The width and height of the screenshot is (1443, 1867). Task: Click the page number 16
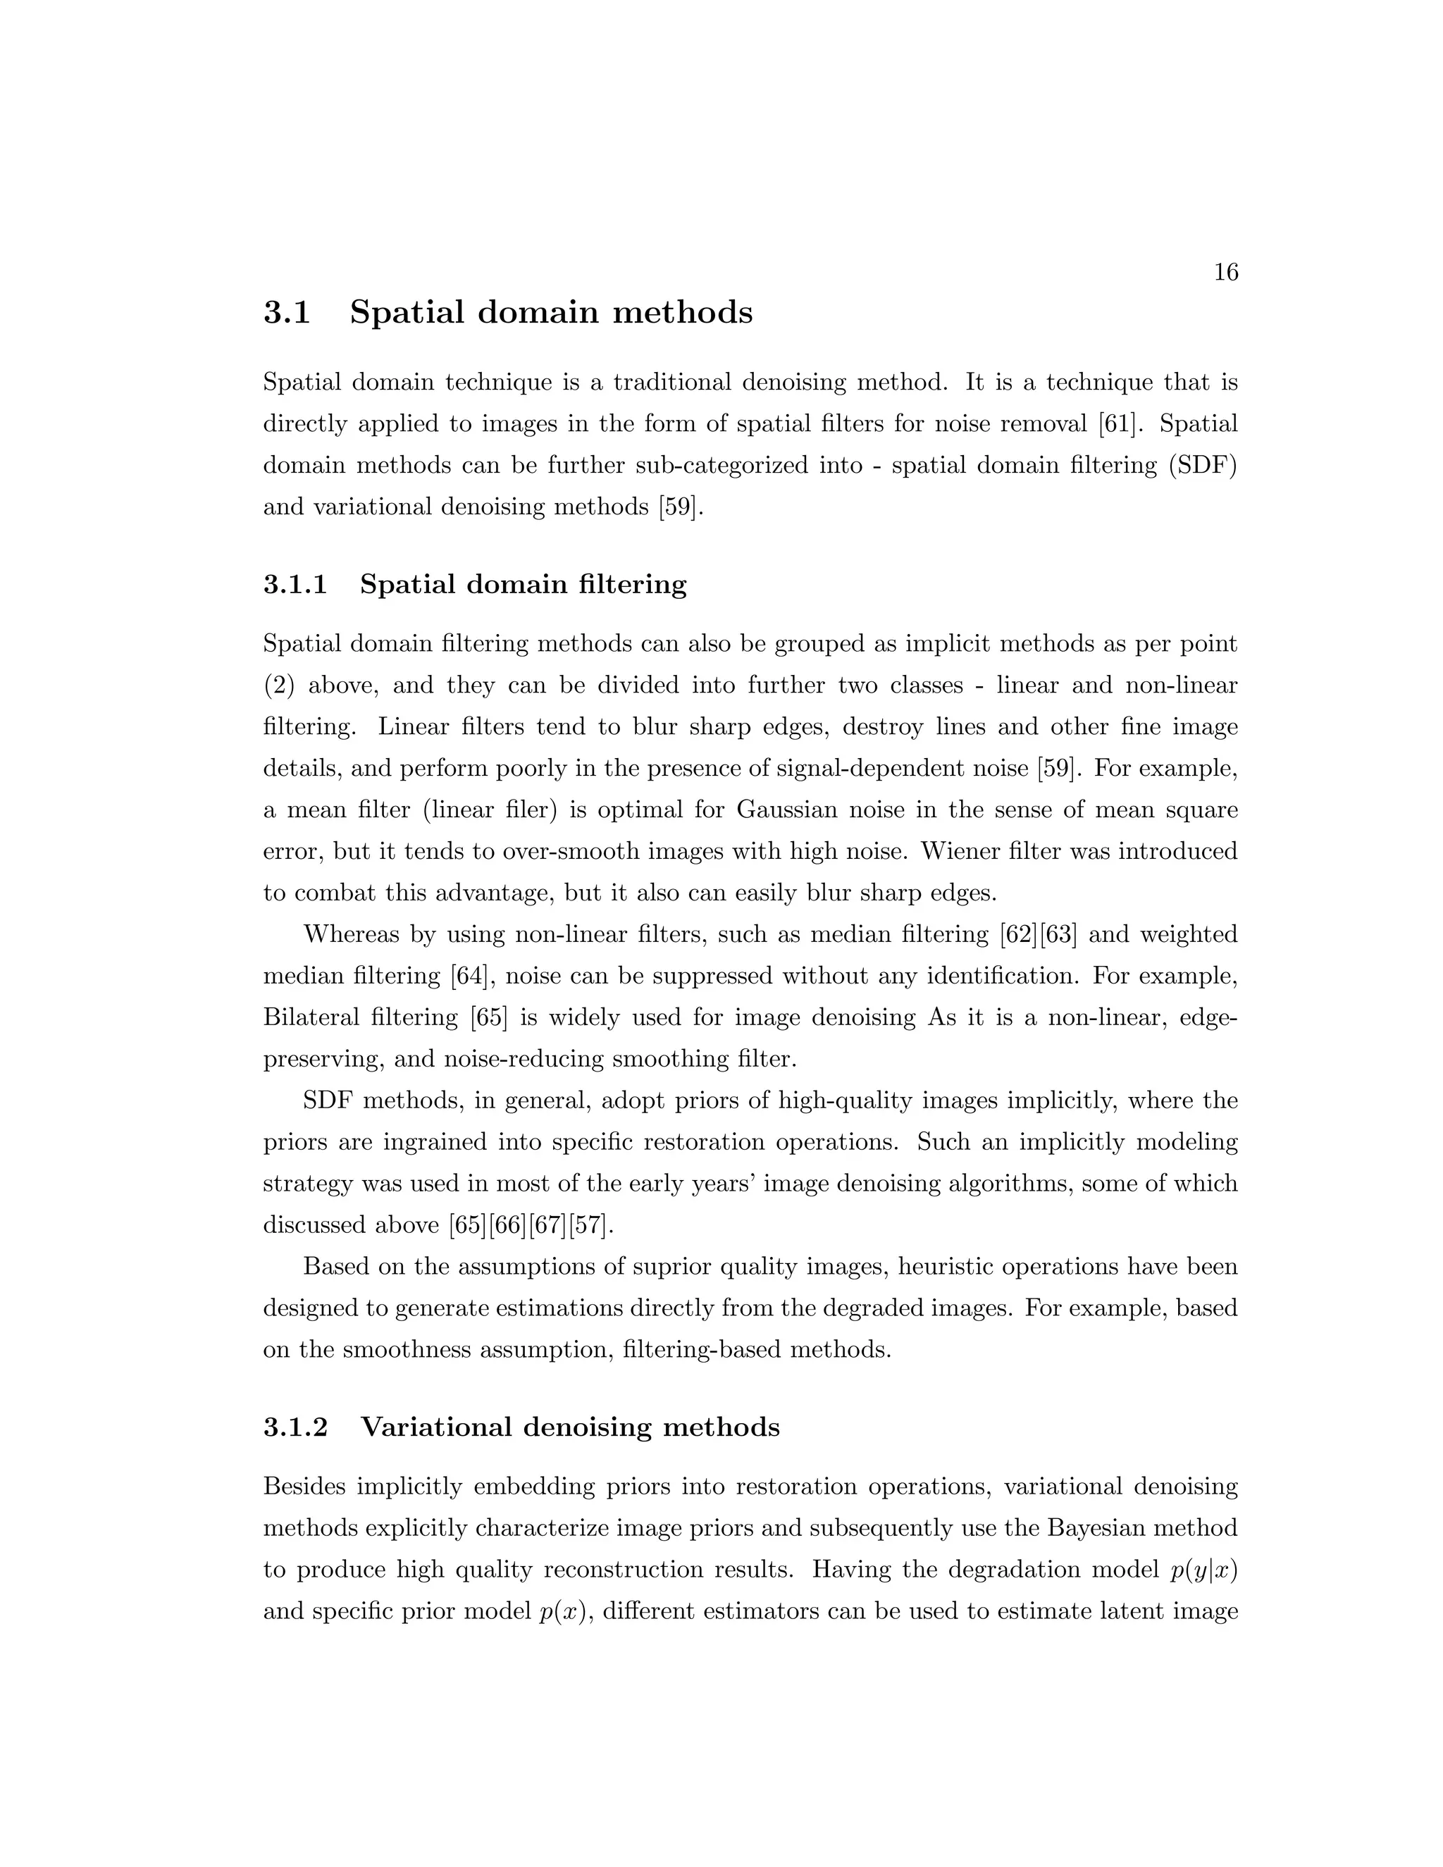(1225, 273)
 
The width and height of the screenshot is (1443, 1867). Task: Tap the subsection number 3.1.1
(295, 585)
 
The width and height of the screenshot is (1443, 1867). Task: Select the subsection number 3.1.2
(295, 1427)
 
